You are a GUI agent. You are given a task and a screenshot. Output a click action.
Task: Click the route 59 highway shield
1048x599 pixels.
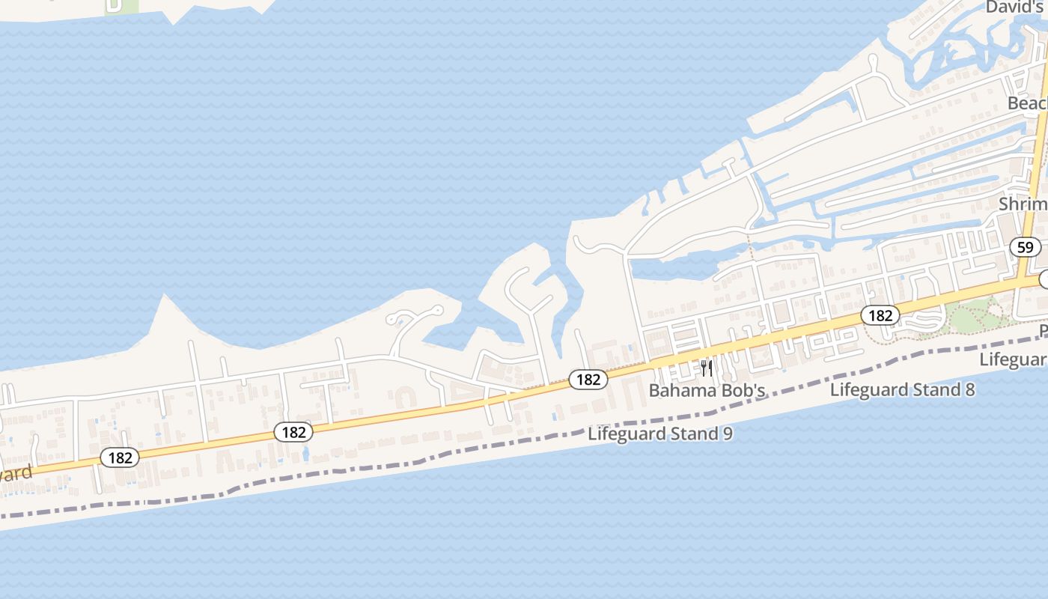(x=1026, y=246)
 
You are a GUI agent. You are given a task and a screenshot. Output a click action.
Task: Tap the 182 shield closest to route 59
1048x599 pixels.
(x=880, y=315)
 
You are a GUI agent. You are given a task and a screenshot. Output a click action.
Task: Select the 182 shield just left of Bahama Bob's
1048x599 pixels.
(x=588, y=380)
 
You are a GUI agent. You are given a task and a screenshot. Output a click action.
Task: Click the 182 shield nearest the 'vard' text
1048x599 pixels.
(x=120, y=457)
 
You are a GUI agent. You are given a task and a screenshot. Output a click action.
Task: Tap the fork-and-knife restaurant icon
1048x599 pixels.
(x=706, y=368)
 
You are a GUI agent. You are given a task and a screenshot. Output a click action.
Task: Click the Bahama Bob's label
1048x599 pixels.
(x=707, y=390)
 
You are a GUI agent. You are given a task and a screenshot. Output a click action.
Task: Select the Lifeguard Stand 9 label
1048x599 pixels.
(x=659, y=434)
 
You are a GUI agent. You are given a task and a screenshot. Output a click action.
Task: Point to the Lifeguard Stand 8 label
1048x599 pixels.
(x=902, y=389)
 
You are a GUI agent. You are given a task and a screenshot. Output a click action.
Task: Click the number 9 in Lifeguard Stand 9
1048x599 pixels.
(x=727, y=434)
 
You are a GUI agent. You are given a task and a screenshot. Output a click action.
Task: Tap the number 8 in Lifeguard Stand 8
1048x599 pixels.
(x=969, y=389)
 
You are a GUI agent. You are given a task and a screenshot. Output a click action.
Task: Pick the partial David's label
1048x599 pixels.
(x=1015, y=7)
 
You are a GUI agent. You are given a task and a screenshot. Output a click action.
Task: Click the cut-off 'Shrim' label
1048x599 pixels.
(x=1023, y=204)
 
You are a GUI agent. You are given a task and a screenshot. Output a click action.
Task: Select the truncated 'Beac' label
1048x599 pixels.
(x=1026, y=103)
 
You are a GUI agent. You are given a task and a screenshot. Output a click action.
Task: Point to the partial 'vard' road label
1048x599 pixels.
(x=15, y=474)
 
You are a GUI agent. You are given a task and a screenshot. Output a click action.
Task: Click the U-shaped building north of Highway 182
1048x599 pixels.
(x=404, y=396)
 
